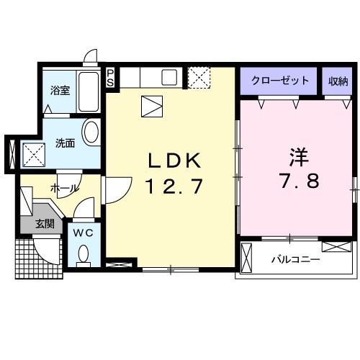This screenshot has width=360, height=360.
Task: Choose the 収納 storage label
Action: click(x=338, y=80)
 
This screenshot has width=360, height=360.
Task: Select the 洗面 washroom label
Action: click(x=65, y=143)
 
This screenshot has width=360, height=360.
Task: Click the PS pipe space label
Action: click(x=110, y=78)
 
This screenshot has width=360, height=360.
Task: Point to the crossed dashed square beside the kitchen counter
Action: click(x=198, y=76)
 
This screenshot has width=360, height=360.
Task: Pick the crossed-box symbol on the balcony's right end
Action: click(x=336, y=246)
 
